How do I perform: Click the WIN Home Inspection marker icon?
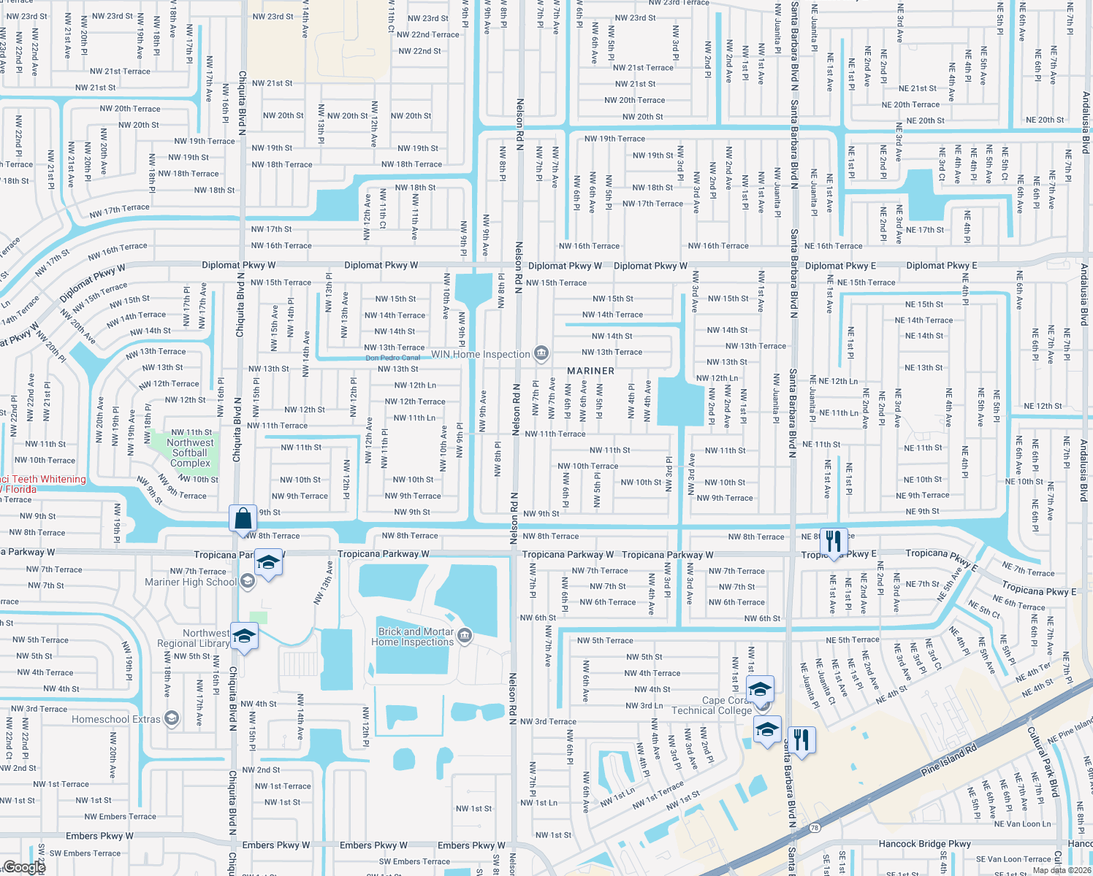541,354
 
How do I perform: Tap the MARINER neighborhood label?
590,371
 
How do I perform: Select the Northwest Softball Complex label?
190,453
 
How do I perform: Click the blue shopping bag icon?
243,519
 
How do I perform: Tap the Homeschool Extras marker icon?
172,719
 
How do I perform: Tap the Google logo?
24,867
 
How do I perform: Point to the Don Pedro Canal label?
392,358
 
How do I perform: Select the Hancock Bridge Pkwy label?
924,844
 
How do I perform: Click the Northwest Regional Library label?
194,638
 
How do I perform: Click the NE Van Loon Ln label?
1022,824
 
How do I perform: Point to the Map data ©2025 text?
1061,869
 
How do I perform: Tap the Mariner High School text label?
191,582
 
